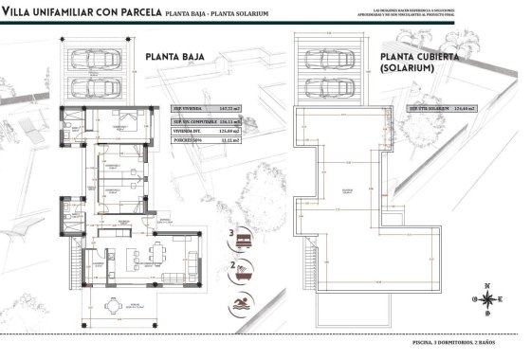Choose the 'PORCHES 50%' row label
(188, 141)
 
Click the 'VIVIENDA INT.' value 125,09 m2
(225, 131)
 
